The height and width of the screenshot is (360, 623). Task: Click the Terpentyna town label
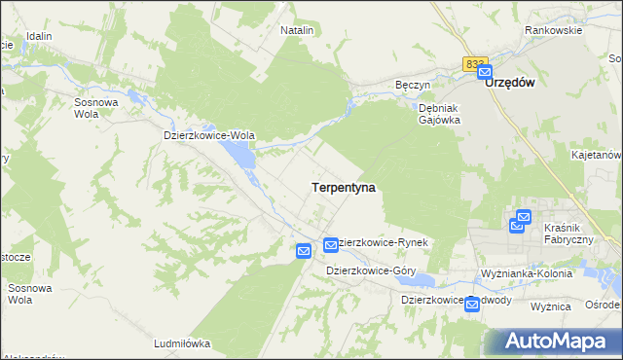pos(344,185)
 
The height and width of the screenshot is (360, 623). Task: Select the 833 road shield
pos(474,63)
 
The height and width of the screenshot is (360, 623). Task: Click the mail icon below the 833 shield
pos(484,72)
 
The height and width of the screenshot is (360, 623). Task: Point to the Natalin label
pos(297,30)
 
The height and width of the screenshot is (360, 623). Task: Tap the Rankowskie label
pos(553,30)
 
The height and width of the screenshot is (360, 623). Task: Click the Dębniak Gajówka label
pos(439,114)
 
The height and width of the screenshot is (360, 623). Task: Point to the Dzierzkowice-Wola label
pos(208,136)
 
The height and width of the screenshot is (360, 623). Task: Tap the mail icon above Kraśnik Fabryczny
pos(523,218)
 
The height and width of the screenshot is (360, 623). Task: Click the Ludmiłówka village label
pos(182,343)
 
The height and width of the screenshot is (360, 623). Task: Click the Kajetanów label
pos(596,155)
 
